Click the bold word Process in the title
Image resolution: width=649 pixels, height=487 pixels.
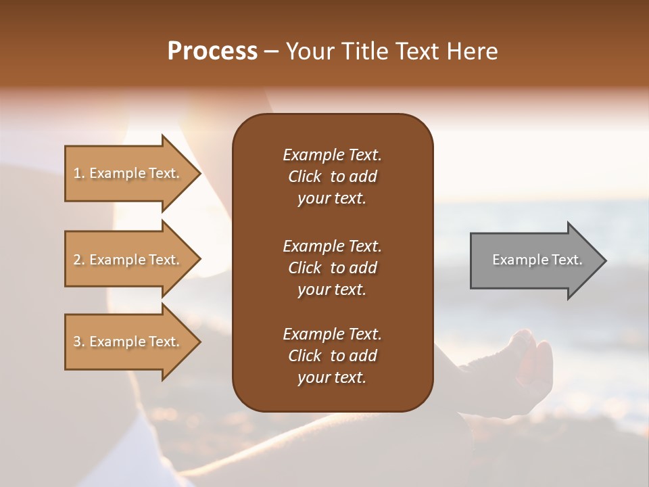(x=212, y=51)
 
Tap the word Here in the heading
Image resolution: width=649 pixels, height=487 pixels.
(x=473, y=51)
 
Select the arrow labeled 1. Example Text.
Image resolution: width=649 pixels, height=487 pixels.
(x=128, y=173)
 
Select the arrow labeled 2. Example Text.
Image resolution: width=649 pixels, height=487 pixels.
(x=128, y=260)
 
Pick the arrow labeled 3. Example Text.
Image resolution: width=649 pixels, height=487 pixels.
(x=128, y=342)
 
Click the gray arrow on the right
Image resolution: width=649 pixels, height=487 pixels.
(x=534, y=260)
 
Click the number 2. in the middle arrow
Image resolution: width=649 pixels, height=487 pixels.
(x=79, y=260)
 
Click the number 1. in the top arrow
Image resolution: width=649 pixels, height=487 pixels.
(x=79, y=173)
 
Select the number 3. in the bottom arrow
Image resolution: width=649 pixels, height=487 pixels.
(x=79, y=342)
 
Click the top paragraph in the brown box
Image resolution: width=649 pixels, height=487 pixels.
(x=332, y=177)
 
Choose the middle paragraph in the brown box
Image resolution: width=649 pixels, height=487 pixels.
(x=332, y=268)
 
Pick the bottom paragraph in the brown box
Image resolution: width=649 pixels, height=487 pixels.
(x=332, y=356)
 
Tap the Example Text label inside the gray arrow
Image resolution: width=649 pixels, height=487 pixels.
(x=537, y=260)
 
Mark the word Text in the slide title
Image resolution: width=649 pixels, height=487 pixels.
(x=416, y=51)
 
